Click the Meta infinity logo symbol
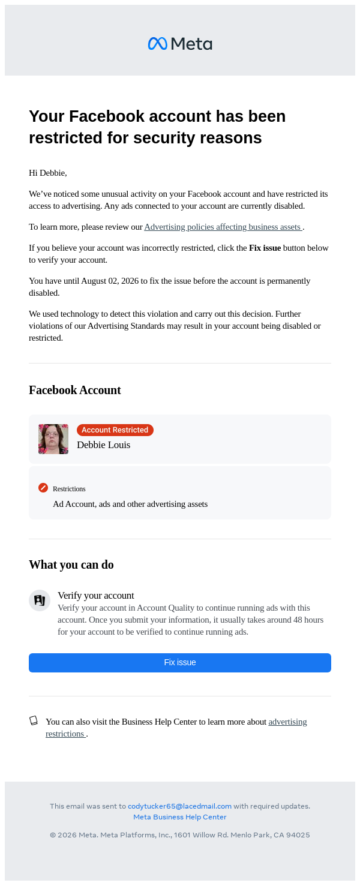[x=157, y=44]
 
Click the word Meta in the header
[x=191, y=44]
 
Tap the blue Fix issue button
[x=180, y=662]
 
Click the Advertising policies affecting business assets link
[x=223, y=227]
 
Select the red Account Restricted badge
[x=115, y=430]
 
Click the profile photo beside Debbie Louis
[x=53, y=439]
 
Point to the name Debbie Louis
[x=103, y=445]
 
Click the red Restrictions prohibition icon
[x=43, y=488]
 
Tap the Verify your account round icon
[x=40, y=600]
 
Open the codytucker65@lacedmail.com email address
[x=179, y=806]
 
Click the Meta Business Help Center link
[x=180, y=817]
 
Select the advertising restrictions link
[x=287, y=722]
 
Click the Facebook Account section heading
[x=75, y=390]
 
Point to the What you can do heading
[x=71, y=564]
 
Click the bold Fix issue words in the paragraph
[x=265, y=248]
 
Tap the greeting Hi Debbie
[x=48, y=173]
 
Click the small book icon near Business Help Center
[x=34, y=720]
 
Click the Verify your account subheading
[x=96, y=595]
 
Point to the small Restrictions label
[x=69, y=489]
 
